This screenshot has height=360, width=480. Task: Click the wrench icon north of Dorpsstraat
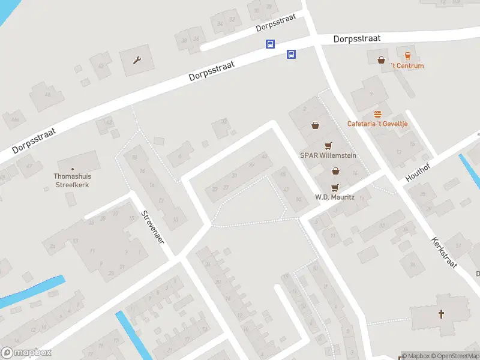click(x=137, y=59)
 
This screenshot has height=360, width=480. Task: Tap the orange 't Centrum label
click(x=407, y=66)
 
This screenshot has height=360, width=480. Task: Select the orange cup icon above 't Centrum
click(x=408, y=55)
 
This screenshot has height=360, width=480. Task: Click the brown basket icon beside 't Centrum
click(x=382, y=59)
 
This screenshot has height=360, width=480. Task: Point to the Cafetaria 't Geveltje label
click(x=378, y=124)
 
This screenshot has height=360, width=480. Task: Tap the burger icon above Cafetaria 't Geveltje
click(x=378, y=114)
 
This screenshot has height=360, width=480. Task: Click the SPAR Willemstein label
click(x=328, y=155)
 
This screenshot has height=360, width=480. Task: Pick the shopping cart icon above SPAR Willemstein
click(x=328, y=145)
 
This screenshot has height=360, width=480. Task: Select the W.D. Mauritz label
click(x=335, y=197)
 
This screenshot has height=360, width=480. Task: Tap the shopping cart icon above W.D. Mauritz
click(x=335, y=187)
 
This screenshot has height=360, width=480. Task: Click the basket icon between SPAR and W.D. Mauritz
click(x=336, y=171)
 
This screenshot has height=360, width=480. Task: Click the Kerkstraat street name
click(x=444, y=252)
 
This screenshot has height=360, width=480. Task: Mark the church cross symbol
click(x=442, y=314)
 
